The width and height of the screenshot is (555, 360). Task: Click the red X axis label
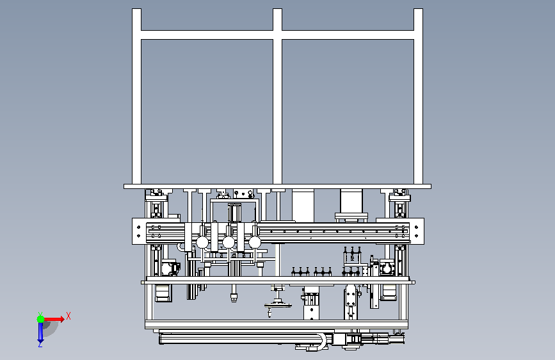(68, 316)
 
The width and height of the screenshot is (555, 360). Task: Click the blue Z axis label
(40, 344)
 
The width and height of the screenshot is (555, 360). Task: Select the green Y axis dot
(41, 319)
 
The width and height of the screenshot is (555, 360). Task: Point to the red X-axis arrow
(54, 319)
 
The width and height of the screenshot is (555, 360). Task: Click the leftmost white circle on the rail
(202, 242)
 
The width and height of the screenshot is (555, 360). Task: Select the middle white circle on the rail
(229, 242)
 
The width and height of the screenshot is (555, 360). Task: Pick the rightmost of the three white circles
(255, 242)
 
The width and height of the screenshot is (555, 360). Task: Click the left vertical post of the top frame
(136, 96)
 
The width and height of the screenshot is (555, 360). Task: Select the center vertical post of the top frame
(278, 96)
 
